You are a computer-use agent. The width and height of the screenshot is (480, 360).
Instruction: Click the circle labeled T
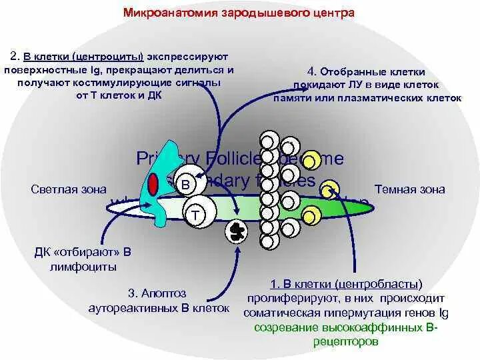coord(195,214)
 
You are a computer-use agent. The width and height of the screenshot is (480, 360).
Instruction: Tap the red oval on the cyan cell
coord(153,183)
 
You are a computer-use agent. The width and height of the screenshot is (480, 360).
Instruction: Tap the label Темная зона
coord(409,189)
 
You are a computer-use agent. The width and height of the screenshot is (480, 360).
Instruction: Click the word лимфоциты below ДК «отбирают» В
coord(83,266)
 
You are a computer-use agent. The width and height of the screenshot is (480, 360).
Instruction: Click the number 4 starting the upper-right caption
coord(311,71)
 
